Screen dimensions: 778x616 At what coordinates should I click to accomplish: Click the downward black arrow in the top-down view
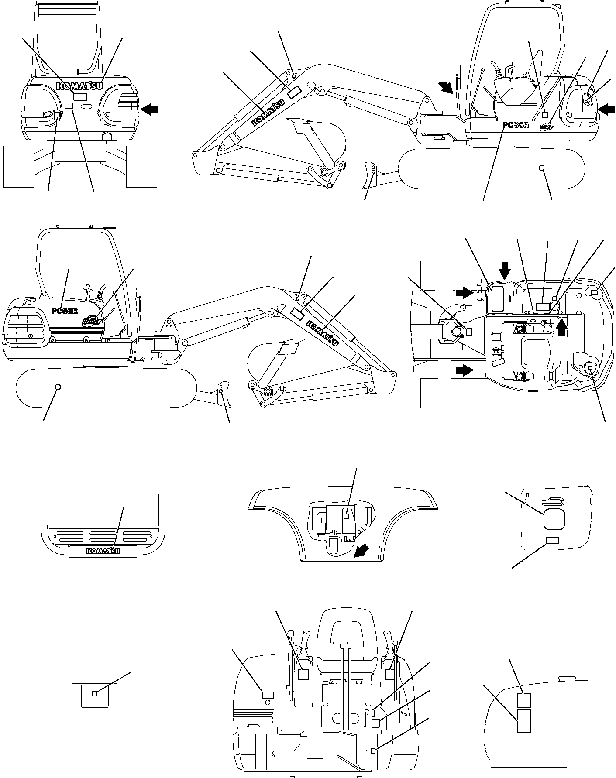tap(505, 271)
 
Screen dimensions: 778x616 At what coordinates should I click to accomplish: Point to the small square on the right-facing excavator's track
tap(542, 168)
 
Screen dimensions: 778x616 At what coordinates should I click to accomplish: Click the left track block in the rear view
tap(19, 166)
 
